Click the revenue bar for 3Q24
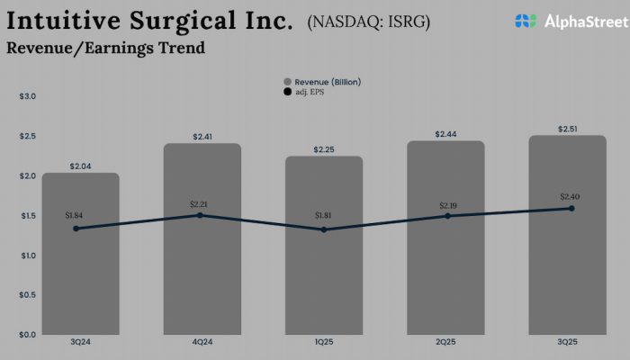point(80,270)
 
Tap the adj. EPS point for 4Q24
point(200,215)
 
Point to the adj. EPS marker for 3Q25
point(571,209)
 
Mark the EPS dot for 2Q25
point(447,216)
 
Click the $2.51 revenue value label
point(567,129)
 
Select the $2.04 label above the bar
point(80,166)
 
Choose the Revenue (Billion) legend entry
point(321,82)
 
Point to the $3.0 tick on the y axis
point(27,96)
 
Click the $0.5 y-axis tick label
point(27,295)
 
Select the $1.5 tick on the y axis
point(27,216)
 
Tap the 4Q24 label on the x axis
point(202,343)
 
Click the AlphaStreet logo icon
point(526,21)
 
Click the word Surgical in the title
point(175,21)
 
